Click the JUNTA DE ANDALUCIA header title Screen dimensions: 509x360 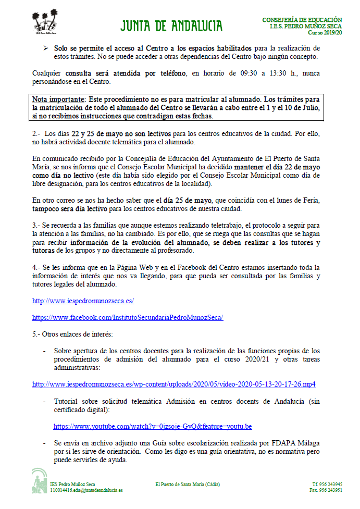(171, 26)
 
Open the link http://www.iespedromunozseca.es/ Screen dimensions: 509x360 (83, 301)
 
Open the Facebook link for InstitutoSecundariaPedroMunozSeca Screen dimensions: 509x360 (128, 317)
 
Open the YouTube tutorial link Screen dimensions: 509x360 (153, 426)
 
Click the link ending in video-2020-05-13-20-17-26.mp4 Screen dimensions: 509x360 (173, 384)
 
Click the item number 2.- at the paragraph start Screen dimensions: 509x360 (36, 134)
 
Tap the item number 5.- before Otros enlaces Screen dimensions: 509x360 (36, 333)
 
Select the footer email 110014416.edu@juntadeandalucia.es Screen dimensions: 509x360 (86, 490)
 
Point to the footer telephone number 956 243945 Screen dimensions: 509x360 (327, 484)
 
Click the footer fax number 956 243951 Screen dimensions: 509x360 (326, 490)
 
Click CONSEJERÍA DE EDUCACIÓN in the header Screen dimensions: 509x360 (302, 20)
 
